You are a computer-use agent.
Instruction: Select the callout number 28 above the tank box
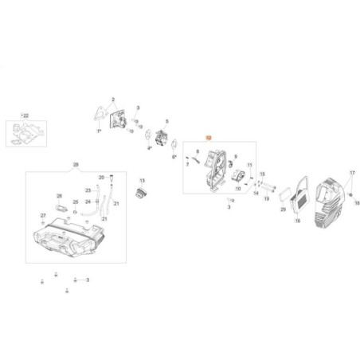(76, 164)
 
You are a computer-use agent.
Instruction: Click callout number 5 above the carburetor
(166, 121)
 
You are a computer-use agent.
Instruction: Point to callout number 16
(298, 221)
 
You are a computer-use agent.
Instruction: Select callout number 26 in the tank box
(59, 195)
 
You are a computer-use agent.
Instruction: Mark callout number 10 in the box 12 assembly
(238, 188)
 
